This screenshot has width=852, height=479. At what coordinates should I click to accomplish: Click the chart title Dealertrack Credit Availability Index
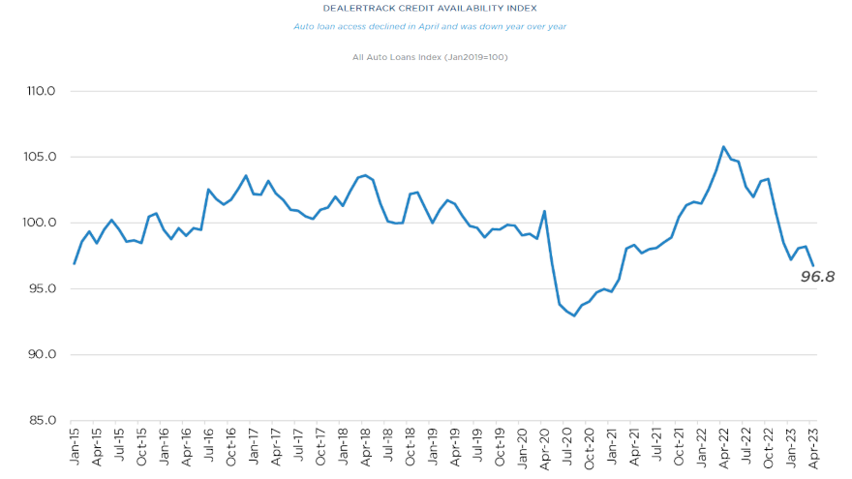coord(429,8)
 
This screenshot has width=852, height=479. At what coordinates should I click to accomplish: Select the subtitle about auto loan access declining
coord(429,26)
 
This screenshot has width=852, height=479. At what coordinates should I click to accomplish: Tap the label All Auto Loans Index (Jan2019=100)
coord(430,57)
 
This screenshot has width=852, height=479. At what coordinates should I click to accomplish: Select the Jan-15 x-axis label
coord(75,447)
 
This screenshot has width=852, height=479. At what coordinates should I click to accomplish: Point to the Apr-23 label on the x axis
coord(813,447)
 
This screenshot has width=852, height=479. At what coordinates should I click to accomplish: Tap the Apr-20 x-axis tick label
coord(544,447)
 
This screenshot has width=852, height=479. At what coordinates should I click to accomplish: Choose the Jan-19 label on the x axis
coord(433,447)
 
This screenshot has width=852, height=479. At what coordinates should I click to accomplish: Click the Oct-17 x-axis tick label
coord(320,447)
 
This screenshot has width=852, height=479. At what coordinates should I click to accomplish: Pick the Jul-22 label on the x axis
coord(745,447)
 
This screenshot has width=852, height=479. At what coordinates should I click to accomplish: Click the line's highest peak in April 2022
coord(723,147)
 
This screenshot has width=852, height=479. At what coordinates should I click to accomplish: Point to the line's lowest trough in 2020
coord(574,315)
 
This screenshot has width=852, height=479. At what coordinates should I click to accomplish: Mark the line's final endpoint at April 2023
coord(813,266)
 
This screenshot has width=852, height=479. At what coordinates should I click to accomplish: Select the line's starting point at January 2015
coord(75,263)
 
